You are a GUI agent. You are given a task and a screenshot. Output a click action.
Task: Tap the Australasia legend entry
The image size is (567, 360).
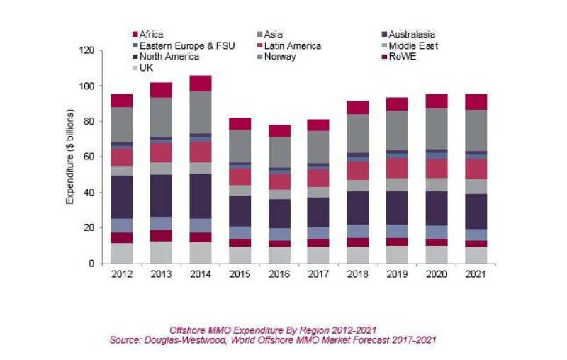click(410, 34)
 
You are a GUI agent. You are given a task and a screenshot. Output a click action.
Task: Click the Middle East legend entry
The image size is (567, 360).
click(412, 45)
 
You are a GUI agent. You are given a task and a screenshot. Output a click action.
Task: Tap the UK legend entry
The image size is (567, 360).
click(146, 68)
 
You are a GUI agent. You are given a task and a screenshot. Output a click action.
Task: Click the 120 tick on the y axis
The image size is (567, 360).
click(86, 51)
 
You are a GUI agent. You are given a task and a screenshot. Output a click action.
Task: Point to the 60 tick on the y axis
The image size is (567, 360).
click(89, 157)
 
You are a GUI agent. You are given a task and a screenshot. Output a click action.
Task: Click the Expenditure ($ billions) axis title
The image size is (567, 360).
click(70, 157)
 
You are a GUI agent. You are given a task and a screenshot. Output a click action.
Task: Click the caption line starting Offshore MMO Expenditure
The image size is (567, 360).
click(272, 330)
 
